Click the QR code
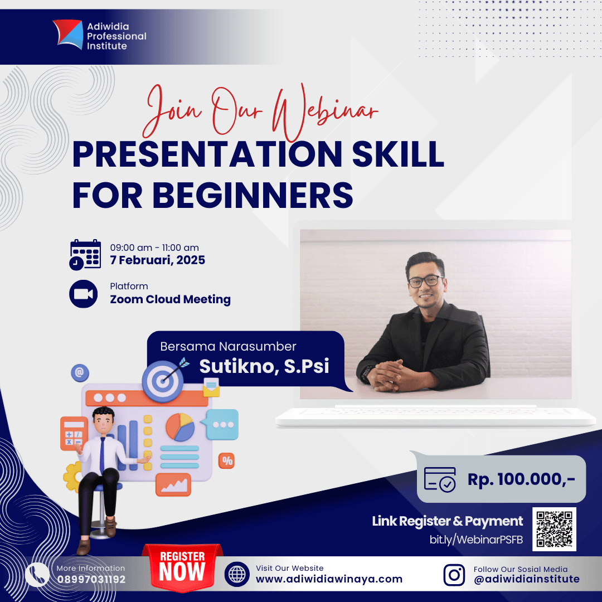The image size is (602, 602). tap(554, 529)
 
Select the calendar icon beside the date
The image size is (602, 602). tap(85, 254)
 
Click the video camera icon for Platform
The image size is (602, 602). tap(84, 294)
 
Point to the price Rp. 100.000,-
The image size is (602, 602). tap(521, 479)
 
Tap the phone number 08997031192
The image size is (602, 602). tap(91, 579)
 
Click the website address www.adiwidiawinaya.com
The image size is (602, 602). tap(329, 579)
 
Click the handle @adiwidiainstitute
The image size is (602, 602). tap(526, 579)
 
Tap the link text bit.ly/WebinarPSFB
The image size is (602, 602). tap(476, 540)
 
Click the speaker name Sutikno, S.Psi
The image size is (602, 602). tap(264, 366)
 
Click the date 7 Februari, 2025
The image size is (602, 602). tap(157, 260)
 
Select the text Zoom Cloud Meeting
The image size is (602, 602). tap(170, 299)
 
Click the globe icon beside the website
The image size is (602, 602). tap(237, 575)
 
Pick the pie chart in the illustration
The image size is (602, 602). tap(179, 427)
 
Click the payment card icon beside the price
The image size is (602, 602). tap(440, 479)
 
